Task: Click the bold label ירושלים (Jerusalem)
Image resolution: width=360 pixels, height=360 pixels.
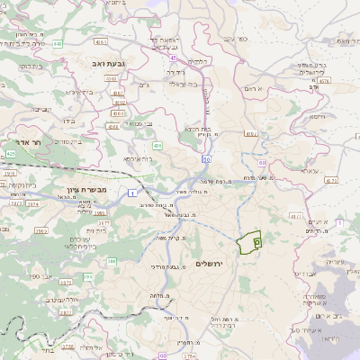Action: coord(213,264)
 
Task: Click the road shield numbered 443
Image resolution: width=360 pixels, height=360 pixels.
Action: coord(58,42)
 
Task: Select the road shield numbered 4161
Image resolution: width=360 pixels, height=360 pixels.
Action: coord(101,40)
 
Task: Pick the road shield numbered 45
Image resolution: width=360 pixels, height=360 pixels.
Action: coord(171,58)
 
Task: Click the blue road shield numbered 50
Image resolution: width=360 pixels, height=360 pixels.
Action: coord(206,158)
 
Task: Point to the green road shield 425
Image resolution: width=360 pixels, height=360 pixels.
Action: coord(11,154)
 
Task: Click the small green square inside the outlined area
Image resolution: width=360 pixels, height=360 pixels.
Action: coord(256,241)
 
